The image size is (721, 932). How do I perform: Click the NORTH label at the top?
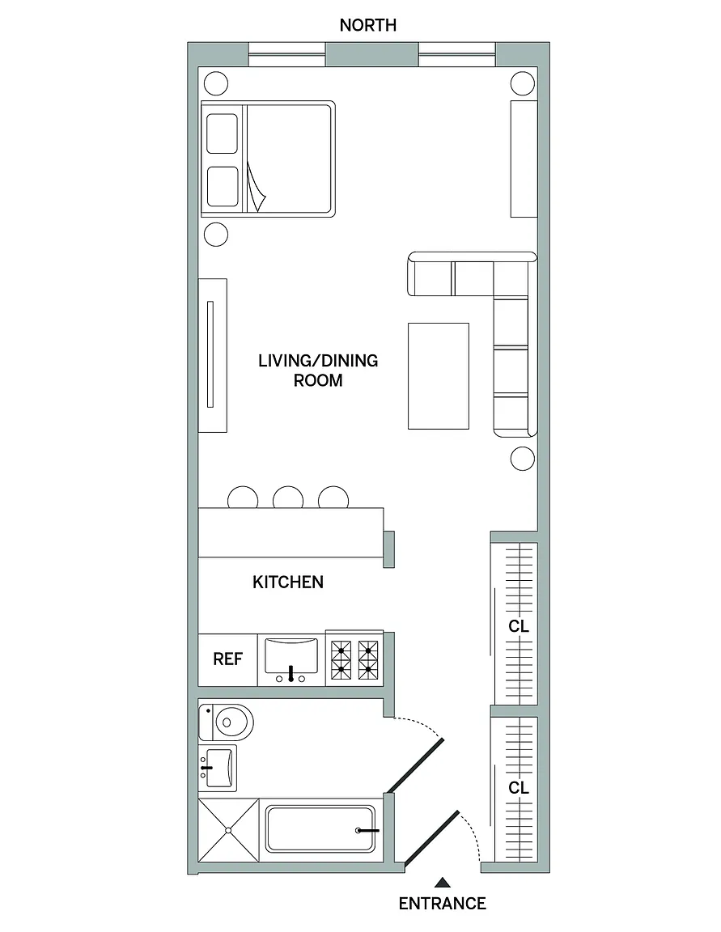pos(367,25)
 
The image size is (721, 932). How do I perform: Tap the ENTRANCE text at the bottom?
pos(442,904)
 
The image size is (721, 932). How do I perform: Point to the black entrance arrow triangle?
pos(442,882)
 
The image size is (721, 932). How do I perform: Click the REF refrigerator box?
pos(227,659)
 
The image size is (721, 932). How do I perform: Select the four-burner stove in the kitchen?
pos(355,659)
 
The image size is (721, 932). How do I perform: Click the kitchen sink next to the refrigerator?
pos(291,659)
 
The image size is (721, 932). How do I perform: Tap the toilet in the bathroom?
pos(226,722)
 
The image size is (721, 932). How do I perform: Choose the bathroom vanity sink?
pos(218,767)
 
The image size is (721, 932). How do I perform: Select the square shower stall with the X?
pos(228,829)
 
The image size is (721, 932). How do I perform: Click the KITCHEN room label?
pos(288,582)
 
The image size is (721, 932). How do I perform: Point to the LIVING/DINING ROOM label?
pos(318,371)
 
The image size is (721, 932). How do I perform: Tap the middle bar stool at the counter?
pos(288,498)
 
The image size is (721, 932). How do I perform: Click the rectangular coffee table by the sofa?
pos(439,375)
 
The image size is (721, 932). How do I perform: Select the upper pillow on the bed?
pos(223,133)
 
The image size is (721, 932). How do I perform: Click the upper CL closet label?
pos(519,626)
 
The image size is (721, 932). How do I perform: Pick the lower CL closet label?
pos(519,788)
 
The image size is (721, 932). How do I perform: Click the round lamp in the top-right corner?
pos(523,83)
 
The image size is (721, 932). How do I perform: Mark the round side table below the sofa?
pos(523,458)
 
